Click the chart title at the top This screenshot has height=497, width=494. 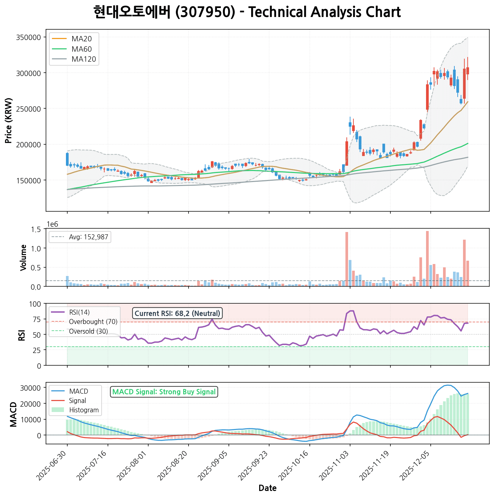(247, 12)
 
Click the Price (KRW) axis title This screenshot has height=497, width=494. (9, 121)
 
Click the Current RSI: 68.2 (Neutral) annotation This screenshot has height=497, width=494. (177, 313)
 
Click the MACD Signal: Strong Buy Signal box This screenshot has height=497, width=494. (164, 392)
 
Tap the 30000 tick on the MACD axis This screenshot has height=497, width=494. (32, 388)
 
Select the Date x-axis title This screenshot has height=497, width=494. (267, 488)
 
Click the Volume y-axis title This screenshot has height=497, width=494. (23, 258)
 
